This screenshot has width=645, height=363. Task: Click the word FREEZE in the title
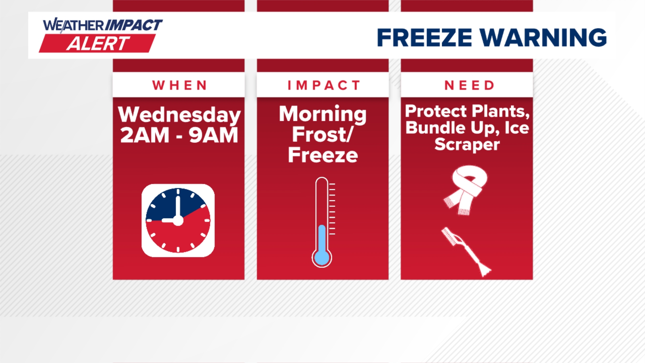pos(424,37)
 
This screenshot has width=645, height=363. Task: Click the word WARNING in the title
pos(543,37)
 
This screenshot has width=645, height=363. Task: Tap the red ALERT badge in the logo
pos(97,44)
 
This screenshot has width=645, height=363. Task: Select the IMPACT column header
pos(323,85)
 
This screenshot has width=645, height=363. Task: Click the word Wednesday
pos(179,115)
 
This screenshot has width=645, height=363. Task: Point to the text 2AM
pos(145,135)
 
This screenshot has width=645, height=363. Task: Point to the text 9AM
pos(213,135)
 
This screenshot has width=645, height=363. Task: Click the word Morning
pos(322,114)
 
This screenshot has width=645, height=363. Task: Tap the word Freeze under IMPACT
pos(323,155)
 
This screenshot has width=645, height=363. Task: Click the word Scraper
pos(467,145)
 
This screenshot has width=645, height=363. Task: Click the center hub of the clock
pos(178,220)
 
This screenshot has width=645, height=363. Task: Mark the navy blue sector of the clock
pos(165,207)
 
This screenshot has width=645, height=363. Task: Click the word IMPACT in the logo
pos(134,25)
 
